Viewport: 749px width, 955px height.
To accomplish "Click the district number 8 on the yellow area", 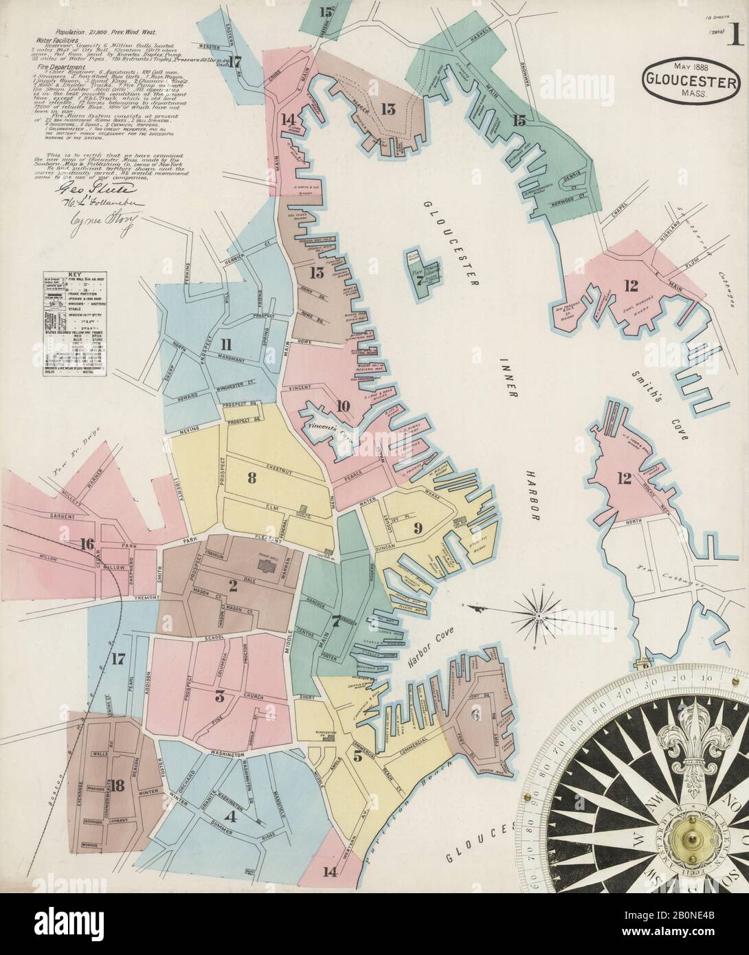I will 252,479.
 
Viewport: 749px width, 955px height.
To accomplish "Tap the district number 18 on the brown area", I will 118,787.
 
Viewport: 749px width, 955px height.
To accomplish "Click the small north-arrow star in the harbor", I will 542,608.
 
